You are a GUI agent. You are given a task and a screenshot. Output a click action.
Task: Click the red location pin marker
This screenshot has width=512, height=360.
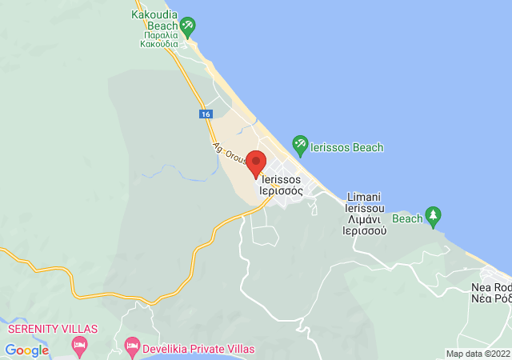coord(256,162)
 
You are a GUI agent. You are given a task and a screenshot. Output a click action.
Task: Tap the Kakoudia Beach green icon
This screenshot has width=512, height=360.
coord(187,27)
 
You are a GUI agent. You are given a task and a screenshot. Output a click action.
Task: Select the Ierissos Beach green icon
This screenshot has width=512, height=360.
coord(300,146)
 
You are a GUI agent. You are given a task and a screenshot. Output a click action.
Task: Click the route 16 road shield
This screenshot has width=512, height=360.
coord(206,114)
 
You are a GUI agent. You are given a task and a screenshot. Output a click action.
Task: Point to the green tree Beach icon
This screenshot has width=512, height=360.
coord(434,217)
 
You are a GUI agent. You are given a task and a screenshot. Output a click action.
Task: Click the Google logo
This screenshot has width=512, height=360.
coord(27,350)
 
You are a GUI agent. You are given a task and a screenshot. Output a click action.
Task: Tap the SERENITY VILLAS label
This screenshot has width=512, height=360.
coord(53,329)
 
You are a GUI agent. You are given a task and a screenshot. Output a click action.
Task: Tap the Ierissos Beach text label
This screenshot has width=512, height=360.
coord(347,147)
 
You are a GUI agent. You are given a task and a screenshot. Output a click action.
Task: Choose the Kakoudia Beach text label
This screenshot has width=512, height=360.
coord(155,21)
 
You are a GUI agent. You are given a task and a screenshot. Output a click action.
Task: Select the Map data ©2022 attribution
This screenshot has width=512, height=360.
coord(478,354)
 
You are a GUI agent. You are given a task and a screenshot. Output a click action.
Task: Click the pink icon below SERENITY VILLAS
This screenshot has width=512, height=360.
coord(78,346)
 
